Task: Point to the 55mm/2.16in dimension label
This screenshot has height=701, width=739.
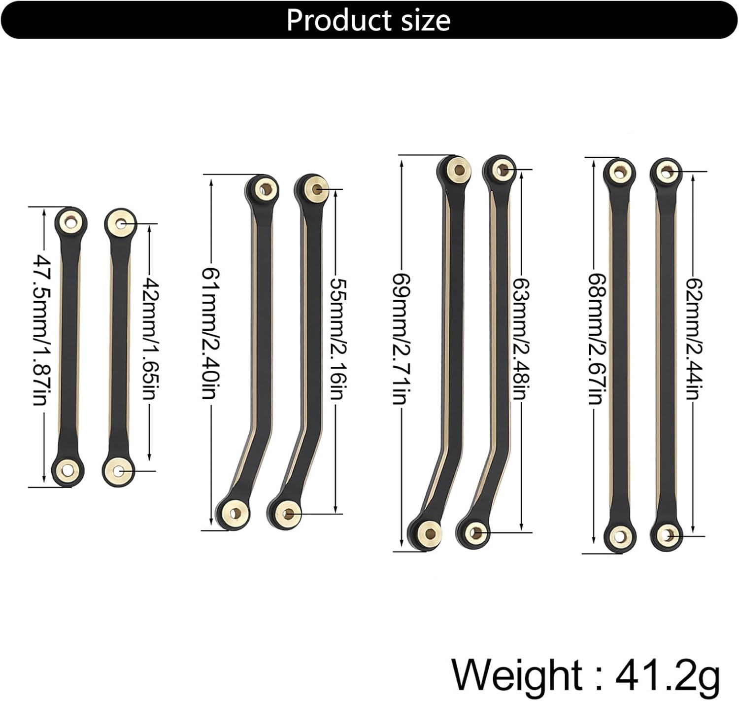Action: [x=336, y=339]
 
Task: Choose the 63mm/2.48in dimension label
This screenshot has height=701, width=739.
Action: [x=521, y=339]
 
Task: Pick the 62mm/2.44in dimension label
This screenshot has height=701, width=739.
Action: [x=694, y=339]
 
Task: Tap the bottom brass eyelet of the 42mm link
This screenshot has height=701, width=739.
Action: [x=118, y=471]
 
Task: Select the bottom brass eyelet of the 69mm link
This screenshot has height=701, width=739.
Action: [x=430, y=532]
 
